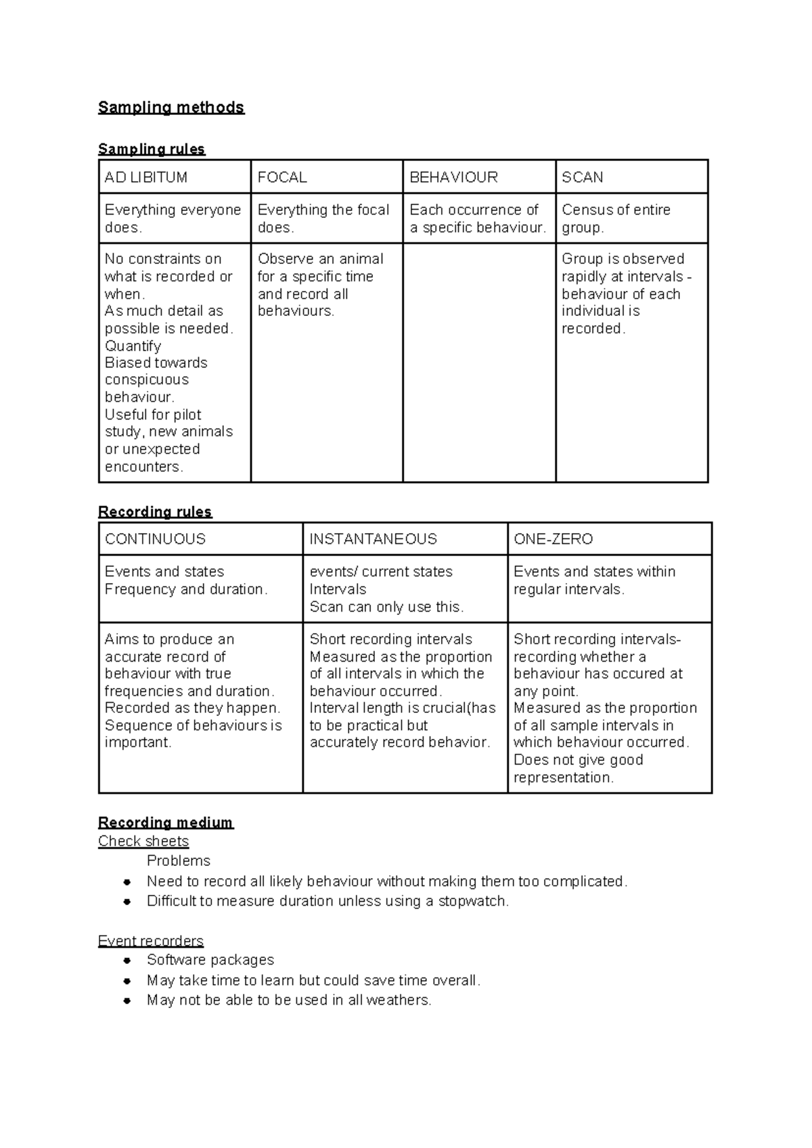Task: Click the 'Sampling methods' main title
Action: coord(171,108)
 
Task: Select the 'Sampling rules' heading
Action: coord(151,149)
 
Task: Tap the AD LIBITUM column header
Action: coord(145,177)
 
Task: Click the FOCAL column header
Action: coord(282,177)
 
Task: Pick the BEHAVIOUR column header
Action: coord(453,177)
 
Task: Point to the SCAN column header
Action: coord(582,177)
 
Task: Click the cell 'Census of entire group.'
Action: coord(616,219)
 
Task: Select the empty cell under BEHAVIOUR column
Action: coord(479,362)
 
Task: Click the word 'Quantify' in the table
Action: coord(133,346)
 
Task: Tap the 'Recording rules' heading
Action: coord(155,511)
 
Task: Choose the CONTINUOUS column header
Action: coord(155,539)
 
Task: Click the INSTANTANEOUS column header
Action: coord(373,539)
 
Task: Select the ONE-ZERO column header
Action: coord(553,539)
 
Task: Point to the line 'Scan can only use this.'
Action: coord(386,607)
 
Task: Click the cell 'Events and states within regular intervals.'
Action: coord(594,580)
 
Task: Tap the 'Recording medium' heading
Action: coord(165,823)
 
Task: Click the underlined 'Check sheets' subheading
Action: coord(143,842)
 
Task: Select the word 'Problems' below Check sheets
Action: coord(179,861)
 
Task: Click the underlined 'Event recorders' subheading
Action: coord(150,941)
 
